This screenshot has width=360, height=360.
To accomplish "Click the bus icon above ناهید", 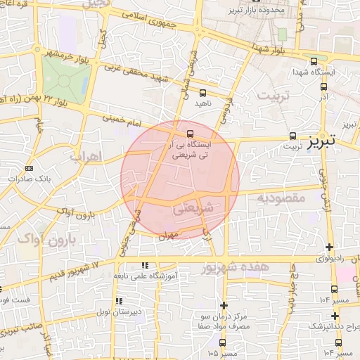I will (x=202, y=92).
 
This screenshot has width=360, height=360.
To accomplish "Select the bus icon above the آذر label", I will (x=323, y=87).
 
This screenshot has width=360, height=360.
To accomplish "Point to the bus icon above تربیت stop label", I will (x=292, y=136).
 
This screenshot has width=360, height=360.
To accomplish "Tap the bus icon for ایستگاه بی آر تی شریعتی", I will (x=190, y=132).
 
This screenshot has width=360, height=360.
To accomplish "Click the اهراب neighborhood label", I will (x=86, y=155).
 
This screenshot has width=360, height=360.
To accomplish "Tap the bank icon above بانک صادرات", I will (x=29, y=169).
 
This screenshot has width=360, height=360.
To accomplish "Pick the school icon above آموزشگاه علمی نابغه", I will (x=145, y=266).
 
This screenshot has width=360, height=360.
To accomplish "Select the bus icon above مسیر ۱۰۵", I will (x=223, y=342).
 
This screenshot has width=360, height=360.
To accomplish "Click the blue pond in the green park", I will (x=65, y=78).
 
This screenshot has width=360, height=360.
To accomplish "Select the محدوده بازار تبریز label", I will (x=257, y=11).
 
